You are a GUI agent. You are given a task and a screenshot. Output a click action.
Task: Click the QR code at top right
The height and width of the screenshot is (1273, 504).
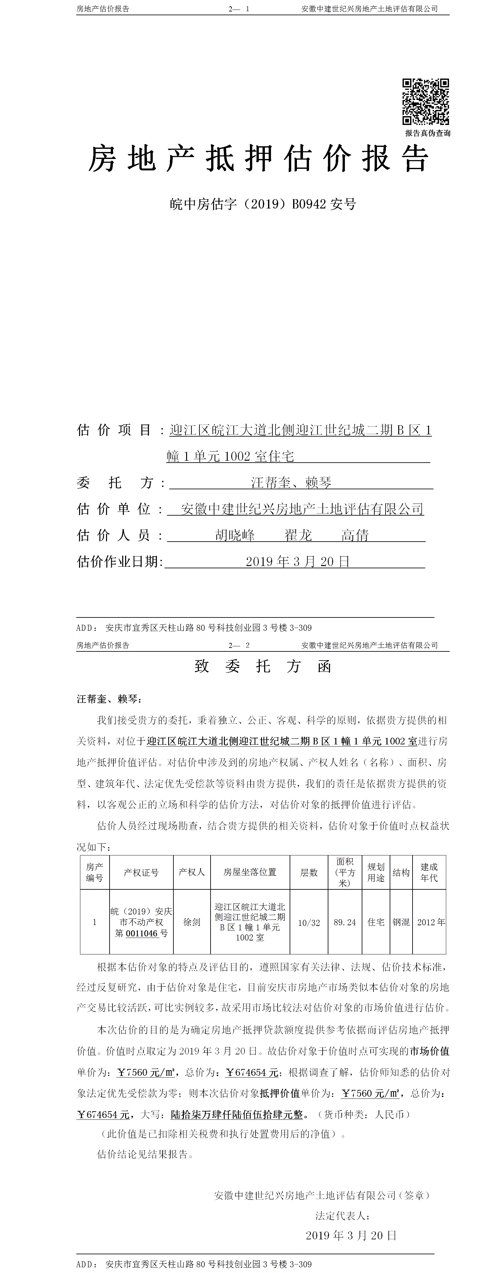coord(425,101)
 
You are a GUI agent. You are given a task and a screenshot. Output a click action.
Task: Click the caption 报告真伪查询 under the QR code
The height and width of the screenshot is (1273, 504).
coord(427,133)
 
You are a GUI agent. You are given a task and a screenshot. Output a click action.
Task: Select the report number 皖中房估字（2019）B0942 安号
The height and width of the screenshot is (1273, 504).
coord(263,204)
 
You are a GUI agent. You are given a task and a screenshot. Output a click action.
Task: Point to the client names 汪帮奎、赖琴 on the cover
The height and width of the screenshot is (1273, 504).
coord(291,482)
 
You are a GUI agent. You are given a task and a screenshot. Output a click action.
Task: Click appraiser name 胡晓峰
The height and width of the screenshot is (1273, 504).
coord(235,535)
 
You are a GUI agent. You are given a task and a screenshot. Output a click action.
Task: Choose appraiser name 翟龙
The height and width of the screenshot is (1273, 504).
coord(298,535)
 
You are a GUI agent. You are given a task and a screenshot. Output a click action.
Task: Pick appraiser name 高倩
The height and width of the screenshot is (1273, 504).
coord(355,535)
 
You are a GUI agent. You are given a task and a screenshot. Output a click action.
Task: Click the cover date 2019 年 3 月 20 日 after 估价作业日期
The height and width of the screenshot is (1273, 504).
coord(297,561)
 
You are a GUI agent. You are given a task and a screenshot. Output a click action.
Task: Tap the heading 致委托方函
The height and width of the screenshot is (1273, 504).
coord(263,666)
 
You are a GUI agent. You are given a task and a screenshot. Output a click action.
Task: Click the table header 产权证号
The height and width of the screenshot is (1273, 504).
coord(141,873)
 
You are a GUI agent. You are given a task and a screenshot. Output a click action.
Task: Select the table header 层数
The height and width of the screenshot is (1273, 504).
coord(309,873)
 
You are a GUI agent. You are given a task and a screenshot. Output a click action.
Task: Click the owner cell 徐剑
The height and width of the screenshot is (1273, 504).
coord(192,922)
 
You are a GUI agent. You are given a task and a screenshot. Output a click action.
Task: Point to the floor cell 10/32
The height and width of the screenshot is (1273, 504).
coord(309,923)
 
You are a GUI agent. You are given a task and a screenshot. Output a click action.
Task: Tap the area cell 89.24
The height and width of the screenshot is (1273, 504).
coord(345,922)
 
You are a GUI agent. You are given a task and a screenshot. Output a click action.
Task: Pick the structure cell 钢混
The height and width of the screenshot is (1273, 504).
coord(401,922)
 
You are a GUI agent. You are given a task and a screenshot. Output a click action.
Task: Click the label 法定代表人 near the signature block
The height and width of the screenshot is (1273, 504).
coord(342,1216)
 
